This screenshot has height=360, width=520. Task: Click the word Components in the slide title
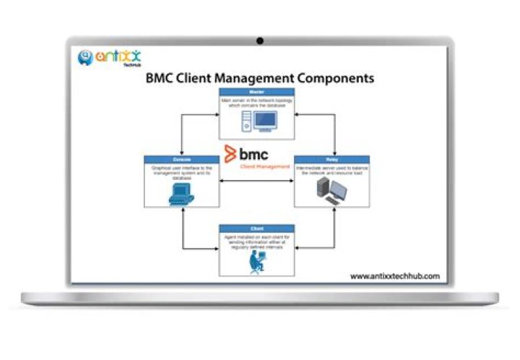coord(333,77)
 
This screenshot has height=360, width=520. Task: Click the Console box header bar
coord(182,159)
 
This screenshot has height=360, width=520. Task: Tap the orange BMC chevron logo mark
coord(230,155)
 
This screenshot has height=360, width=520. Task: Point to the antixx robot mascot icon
coord(85,56)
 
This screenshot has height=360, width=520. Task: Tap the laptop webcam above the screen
coord(259,40)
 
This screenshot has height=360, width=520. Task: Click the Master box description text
coord(255,103)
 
